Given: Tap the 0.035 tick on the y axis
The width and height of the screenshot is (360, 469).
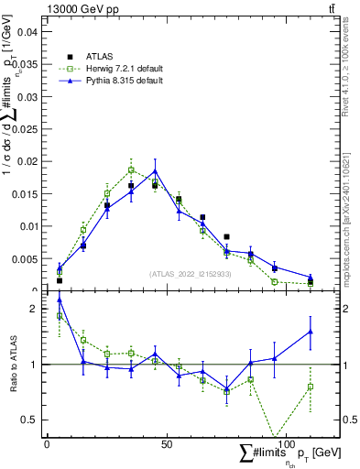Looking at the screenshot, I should [x=27, y=64].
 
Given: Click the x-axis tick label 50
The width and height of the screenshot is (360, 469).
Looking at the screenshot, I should [x=166, y=444].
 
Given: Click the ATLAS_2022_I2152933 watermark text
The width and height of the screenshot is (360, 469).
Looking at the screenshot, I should [x=191, y=274].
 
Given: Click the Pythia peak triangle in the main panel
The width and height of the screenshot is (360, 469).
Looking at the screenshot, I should [x=155, y=170].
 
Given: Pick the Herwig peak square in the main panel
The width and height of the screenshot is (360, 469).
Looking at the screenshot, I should [x=131, y=169].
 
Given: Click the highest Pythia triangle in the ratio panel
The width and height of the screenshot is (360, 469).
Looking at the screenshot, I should [x=60, y=300].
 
